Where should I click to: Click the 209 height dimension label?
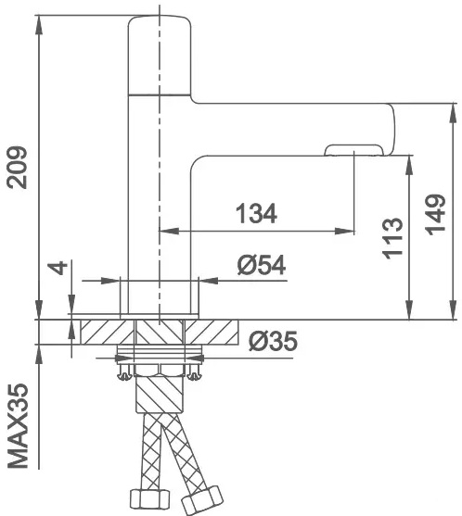pyautogui.click(x=17, y=168)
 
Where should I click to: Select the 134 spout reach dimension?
pyautogui.click(x=257, y=214)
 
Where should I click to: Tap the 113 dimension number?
pyautogui.click(x=392, y=238)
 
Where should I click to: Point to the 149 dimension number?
pyautogui.click(x=435, y=215)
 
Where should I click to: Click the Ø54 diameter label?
pyautogui.click(x=262, y=265)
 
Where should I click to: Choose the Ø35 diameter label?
pyautogui.click(x=273, y=341)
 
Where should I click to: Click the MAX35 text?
pyautogui.click(x=18, y=425)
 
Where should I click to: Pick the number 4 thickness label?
pyautogui.click(x=60, y=268)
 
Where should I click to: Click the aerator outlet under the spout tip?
pyautogui.click(x=354, y=150)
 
